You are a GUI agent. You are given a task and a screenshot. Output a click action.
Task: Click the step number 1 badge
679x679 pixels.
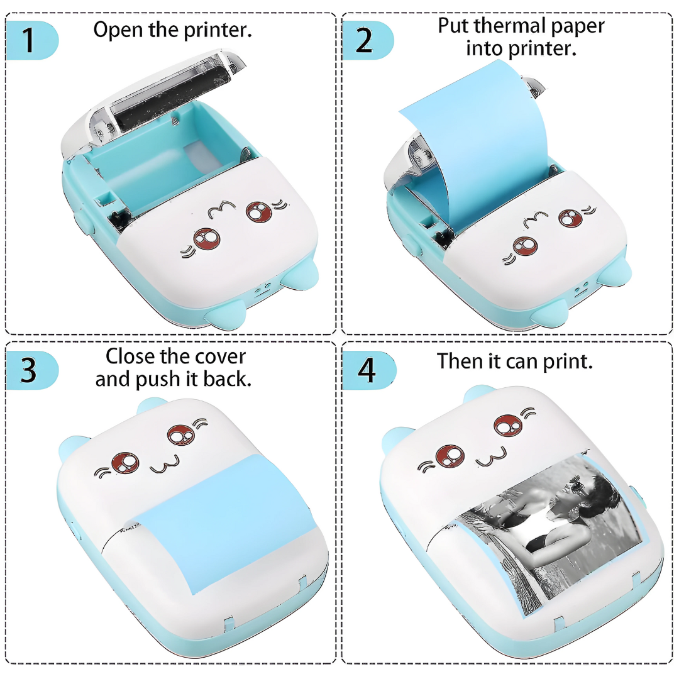pyautogui.click(x=28, y=40)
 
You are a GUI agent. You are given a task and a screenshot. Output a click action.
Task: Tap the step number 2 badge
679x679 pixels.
pyautogui.click(x=365, y=40)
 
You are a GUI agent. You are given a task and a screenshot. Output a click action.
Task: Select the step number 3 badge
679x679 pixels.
pyautogui.click(x=28, y=371)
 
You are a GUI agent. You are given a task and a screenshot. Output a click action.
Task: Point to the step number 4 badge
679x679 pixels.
pyautogui.click(x=366, y=371)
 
